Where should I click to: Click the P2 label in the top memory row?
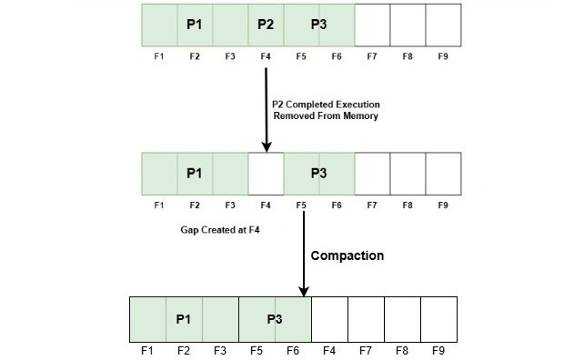pyautogui.click(x=266, y=25)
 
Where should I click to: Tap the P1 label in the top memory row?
pyautogui.click(x=194, y=25)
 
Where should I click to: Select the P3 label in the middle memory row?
pyautogui.click(x=319, y=173)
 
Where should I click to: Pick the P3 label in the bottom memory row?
pyautogui.click(x=275, y=318)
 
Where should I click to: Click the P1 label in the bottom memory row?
pyautogui.click(x=184, y=318)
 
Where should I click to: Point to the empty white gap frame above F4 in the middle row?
pyautogui.click(x=266, y=171)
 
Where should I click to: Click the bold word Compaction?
pyautogui.click(x=347, y=255)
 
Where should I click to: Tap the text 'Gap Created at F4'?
pyautogui.click(x=219, y=231)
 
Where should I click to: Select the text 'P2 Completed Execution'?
pyautogui.click(x=326, y=103)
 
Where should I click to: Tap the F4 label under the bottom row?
pyautogui.click(x=328, y=349)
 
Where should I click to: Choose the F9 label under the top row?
pyautogui.click(x=443, y=56)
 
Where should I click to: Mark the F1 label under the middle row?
pyautogui.click(x=159, y=205)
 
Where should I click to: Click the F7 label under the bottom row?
pyautogui.click(x=365, y=349)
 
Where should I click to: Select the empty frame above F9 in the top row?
pyautogui.click(x=443, y=23)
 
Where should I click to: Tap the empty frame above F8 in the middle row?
pyautogui.click(x=408, y=171)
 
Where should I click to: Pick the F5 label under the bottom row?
pyautogui.click(x=257, y=349)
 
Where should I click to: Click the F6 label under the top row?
pyautogui.click(x=337, y=56)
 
